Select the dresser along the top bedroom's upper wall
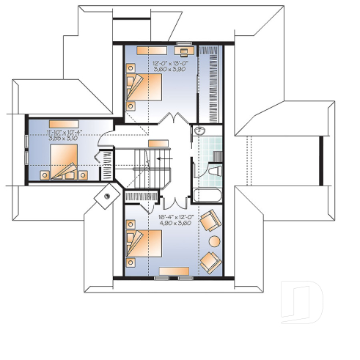tap(152, 50)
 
